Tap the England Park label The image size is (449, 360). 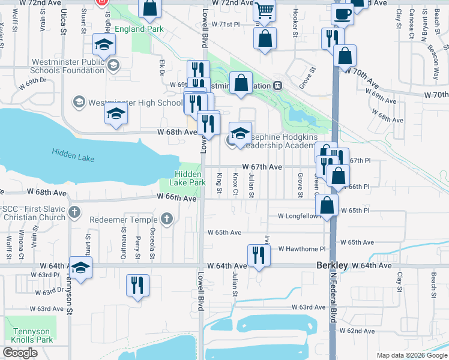click(137, 29)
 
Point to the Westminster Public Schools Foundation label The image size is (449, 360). click(59, 65)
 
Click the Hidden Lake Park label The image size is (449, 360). click(182, 178)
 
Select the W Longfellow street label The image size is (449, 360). click(300, 215)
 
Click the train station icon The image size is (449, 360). click(278, 85)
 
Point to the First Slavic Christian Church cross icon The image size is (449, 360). click(74, 211)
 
